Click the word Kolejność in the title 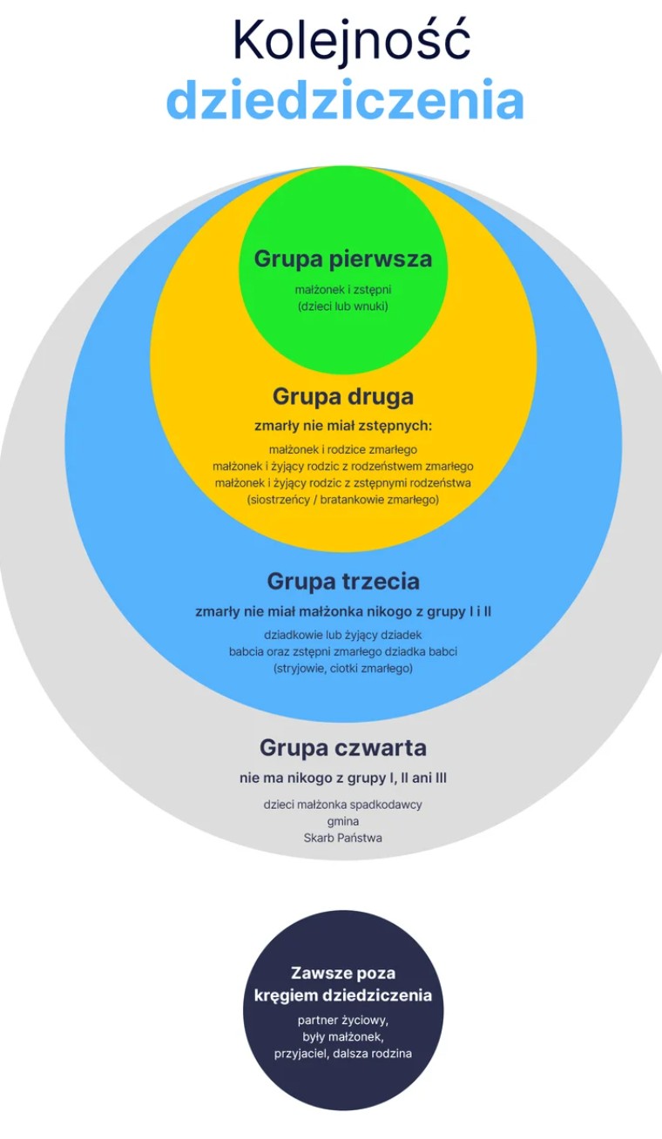coord(351,41)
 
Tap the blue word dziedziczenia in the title coord(345,101)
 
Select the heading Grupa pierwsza coord(343,259)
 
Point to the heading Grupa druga coord(343,396)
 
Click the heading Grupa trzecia coord(343,581)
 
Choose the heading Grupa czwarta coord(343,748)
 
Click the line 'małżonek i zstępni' coord(343,290)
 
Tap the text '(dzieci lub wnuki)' coord(343,307)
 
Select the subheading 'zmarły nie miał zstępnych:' coord(343,426)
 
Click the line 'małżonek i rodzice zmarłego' coord(343,449)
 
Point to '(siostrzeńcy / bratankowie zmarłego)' coord(343,500)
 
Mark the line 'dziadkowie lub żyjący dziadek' coord(343,635)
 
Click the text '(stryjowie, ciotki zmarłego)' coord(343,668)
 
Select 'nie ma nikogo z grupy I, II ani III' coord(343,778)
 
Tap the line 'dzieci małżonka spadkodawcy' coord(343,805)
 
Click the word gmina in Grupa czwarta coord(343,821)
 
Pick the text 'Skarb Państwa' coord(343,838)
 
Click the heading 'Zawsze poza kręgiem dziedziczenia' coord(343,984)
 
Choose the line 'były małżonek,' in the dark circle coord(343,1036)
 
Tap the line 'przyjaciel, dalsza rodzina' coord(343,1053)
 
